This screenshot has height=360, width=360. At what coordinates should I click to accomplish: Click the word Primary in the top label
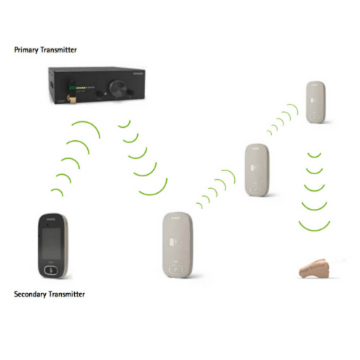coord(27,50)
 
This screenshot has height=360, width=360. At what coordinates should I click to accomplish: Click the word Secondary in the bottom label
coord(30,294)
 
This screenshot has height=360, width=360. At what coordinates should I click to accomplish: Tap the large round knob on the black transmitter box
coord(118,88)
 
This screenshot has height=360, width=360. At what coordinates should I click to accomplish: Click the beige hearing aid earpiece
coord(314,269)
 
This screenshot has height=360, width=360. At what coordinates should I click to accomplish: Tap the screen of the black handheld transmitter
coord(51,243)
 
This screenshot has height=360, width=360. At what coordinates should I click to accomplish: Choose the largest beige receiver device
coord(178,244)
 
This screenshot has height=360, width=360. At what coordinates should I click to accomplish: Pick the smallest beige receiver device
coord(315,102)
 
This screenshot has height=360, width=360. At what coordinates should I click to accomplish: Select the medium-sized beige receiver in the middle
coord(257,170)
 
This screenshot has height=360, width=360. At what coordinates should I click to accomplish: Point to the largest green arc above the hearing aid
coord(314,227)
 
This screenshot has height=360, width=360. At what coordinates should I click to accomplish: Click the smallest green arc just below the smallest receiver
coord(314,155)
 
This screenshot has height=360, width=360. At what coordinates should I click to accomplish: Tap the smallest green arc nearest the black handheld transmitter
coord(58,192)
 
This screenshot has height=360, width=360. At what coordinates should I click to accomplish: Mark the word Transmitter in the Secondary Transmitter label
coord(67,294)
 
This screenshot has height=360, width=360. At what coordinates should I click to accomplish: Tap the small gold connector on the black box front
coord(70,98)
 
